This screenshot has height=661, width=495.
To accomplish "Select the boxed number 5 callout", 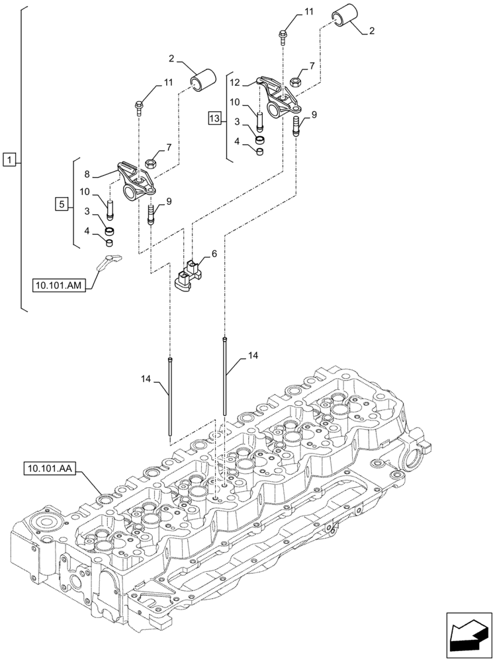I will pos(62,205).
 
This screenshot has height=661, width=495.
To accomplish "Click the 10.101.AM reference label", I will pos(58,285).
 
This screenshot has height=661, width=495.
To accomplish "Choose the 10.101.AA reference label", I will pos(50,469).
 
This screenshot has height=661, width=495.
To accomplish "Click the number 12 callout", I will pos(234,83).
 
